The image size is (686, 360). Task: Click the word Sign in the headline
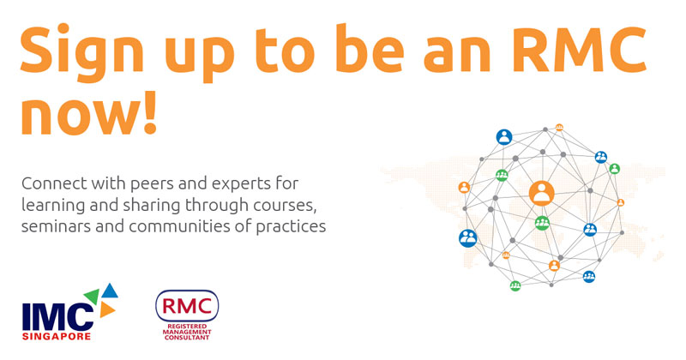81,51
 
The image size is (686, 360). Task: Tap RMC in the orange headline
578,50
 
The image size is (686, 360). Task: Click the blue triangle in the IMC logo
110,290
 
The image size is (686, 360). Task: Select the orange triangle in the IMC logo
106,309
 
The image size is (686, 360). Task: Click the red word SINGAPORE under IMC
57,336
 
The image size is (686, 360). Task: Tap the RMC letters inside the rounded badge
187,306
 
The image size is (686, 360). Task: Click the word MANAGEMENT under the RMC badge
187,332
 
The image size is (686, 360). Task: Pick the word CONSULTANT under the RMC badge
187,338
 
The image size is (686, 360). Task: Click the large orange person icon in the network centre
542,193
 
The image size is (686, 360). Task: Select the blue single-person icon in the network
504,137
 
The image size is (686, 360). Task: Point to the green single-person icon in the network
615,168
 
